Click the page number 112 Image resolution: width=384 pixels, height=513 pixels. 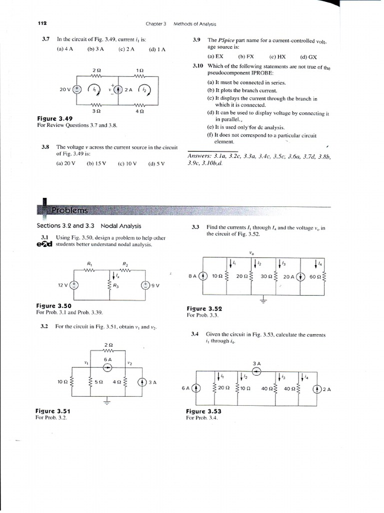(42, 24)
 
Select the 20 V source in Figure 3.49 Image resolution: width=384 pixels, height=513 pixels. (77, 90)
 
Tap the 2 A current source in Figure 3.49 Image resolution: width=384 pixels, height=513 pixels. (118, 90)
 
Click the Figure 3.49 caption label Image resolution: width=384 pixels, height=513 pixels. (54, 119)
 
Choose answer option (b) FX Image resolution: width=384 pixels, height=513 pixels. (246, 57)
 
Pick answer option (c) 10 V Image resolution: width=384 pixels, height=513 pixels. (127, 163)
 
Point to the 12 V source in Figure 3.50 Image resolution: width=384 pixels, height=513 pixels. (74, 285)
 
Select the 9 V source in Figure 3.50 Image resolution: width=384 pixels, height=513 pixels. (145, 285)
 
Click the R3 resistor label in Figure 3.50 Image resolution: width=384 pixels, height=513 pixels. (115, 286)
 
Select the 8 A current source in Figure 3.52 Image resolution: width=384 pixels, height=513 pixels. (203, 276)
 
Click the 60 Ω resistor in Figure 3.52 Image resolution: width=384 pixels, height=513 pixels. (324, 276)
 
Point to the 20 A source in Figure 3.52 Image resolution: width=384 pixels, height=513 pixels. (300, 276)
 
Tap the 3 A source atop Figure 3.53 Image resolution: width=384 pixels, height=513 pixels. (256, 371)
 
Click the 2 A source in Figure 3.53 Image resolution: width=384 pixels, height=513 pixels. (317, 388)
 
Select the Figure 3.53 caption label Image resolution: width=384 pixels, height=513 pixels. (203, 411)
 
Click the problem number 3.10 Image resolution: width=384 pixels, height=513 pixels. (198, 66)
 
